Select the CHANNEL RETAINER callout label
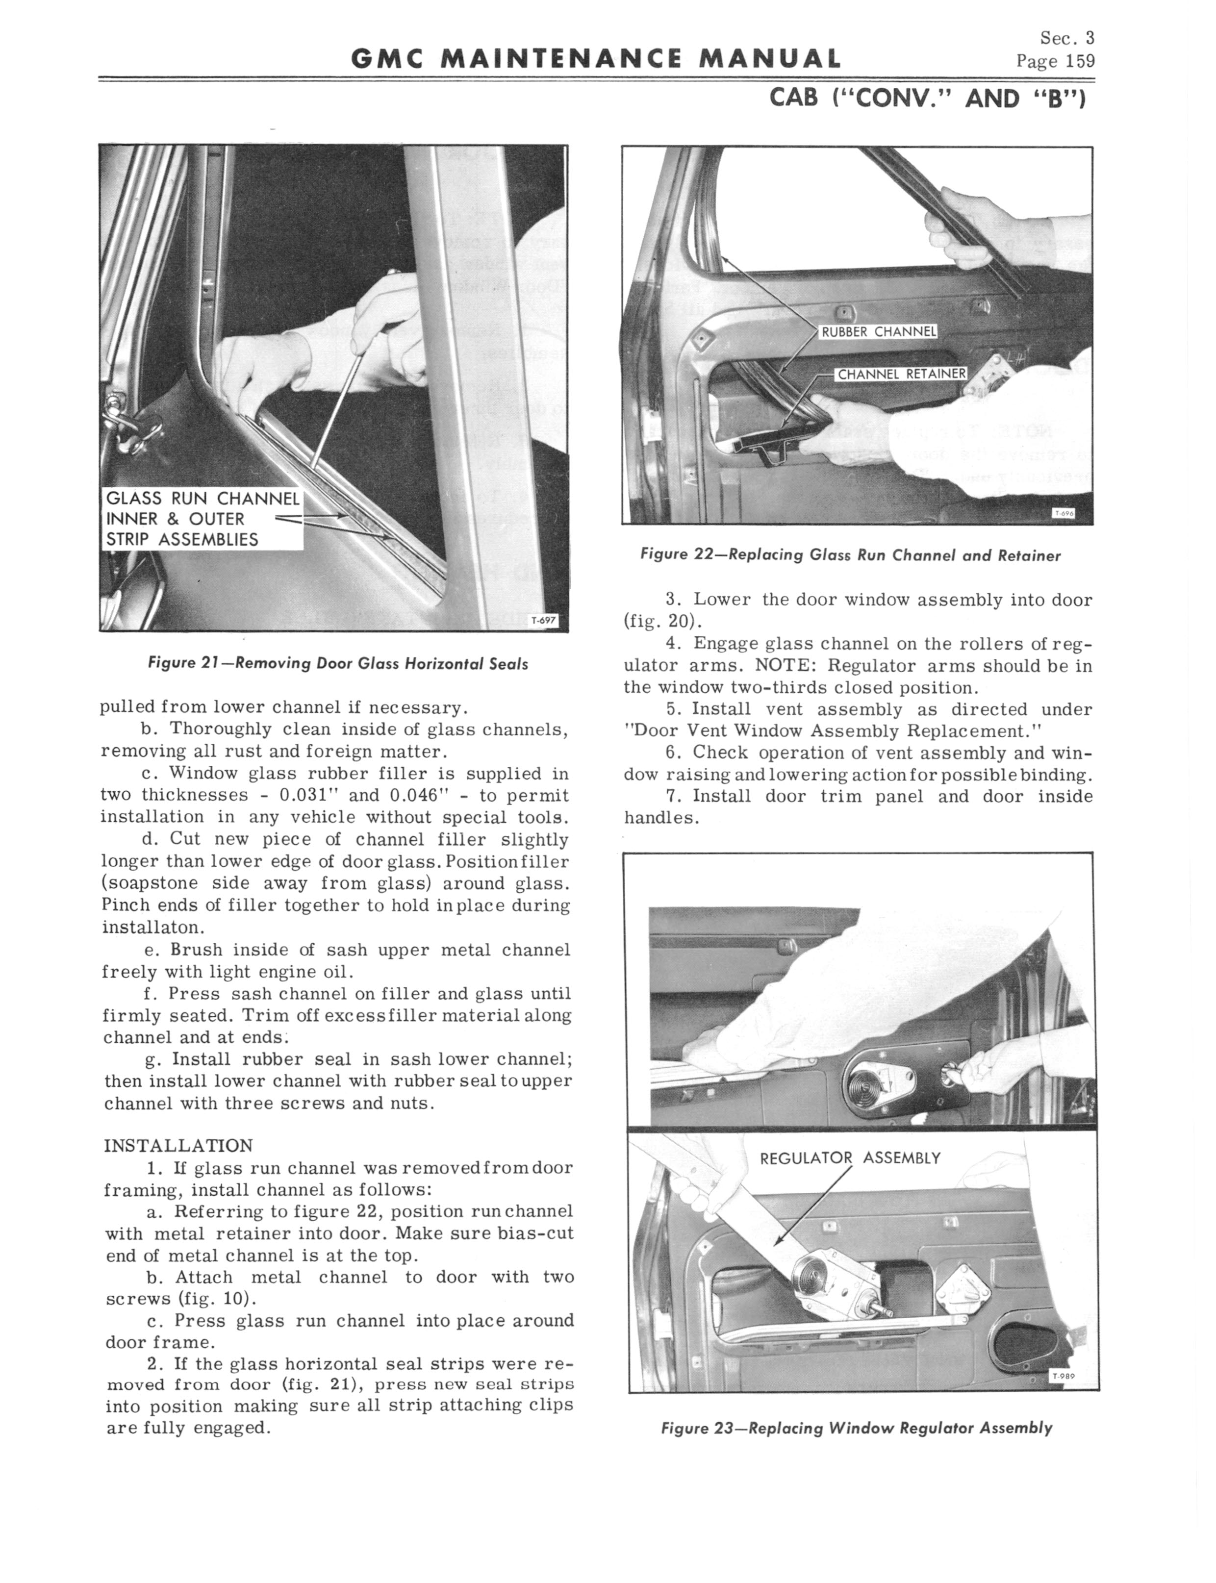(901, 374)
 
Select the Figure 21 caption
(337, 663)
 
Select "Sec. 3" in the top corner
(1067, 38)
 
